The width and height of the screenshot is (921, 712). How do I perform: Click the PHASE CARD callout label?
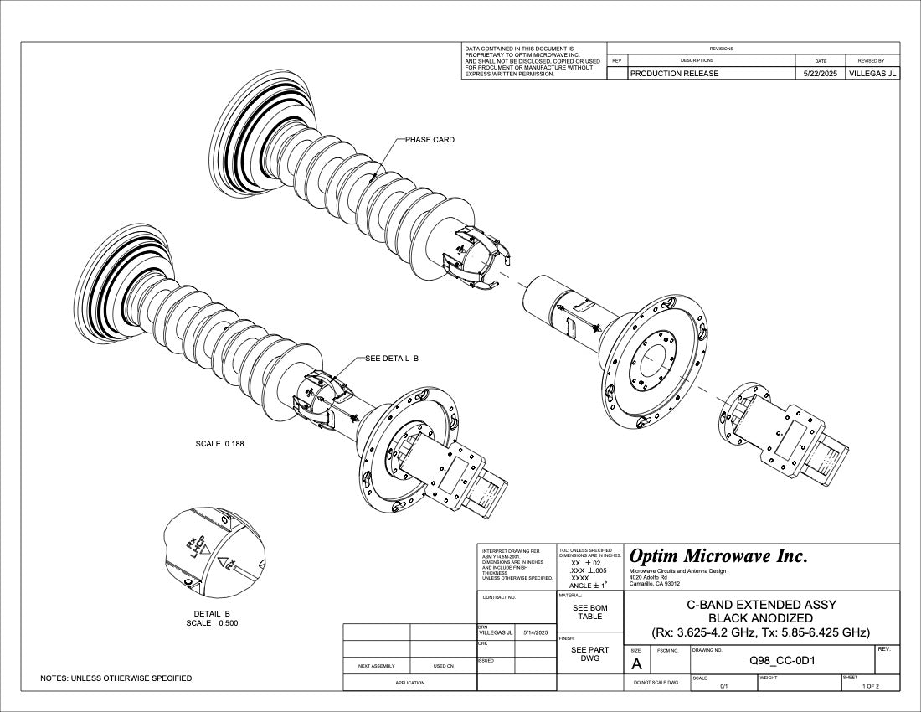(430, 140)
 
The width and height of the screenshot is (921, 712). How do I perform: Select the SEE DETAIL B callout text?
(392, 359)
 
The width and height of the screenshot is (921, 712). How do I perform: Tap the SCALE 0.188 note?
(220, 443)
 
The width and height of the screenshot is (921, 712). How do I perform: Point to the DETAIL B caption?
(211, 613)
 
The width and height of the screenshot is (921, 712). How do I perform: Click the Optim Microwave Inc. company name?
(718, 555)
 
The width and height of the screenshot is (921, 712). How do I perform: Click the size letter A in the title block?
(636, 664)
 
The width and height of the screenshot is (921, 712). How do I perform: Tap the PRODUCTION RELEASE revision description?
(674, 74)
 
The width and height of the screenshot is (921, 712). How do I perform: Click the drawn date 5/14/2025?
(535, 633)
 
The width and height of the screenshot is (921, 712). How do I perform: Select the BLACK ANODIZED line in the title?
(760, 618)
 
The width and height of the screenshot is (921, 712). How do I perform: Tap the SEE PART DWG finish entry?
(589, 654)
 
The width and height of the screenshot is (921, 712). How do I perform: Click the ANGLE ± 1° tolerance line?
(593, 586)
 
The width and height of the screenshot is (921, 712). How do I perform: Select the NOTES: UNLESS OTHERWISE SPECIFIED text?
(117, 678)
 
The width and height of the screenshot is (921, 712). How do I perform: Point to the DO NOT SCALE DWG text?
(656, 683)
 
